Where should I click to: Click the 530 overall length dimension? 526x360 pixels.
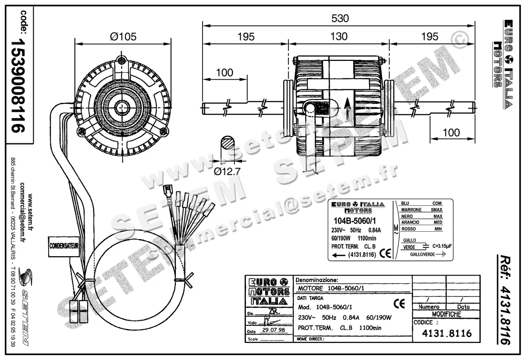340,18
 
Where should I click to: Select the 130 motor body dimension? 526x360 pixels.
339,36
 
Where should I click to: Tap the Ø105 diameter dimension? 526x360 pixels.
123,36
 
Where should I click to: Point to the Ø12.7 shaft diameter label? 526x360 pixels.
227,171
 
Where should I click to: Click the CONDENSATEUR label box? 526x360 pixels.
64,247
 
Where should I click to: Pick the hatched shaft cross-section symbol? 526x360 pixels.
227,143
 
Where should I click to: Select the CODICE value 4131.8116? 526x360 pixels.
446,334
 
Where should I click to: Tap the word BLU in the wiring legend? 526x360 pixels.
406,204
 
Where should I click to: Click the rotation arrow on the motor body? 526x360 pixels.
347,105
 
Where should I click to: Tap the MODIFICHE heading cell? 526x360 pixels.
446,314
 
